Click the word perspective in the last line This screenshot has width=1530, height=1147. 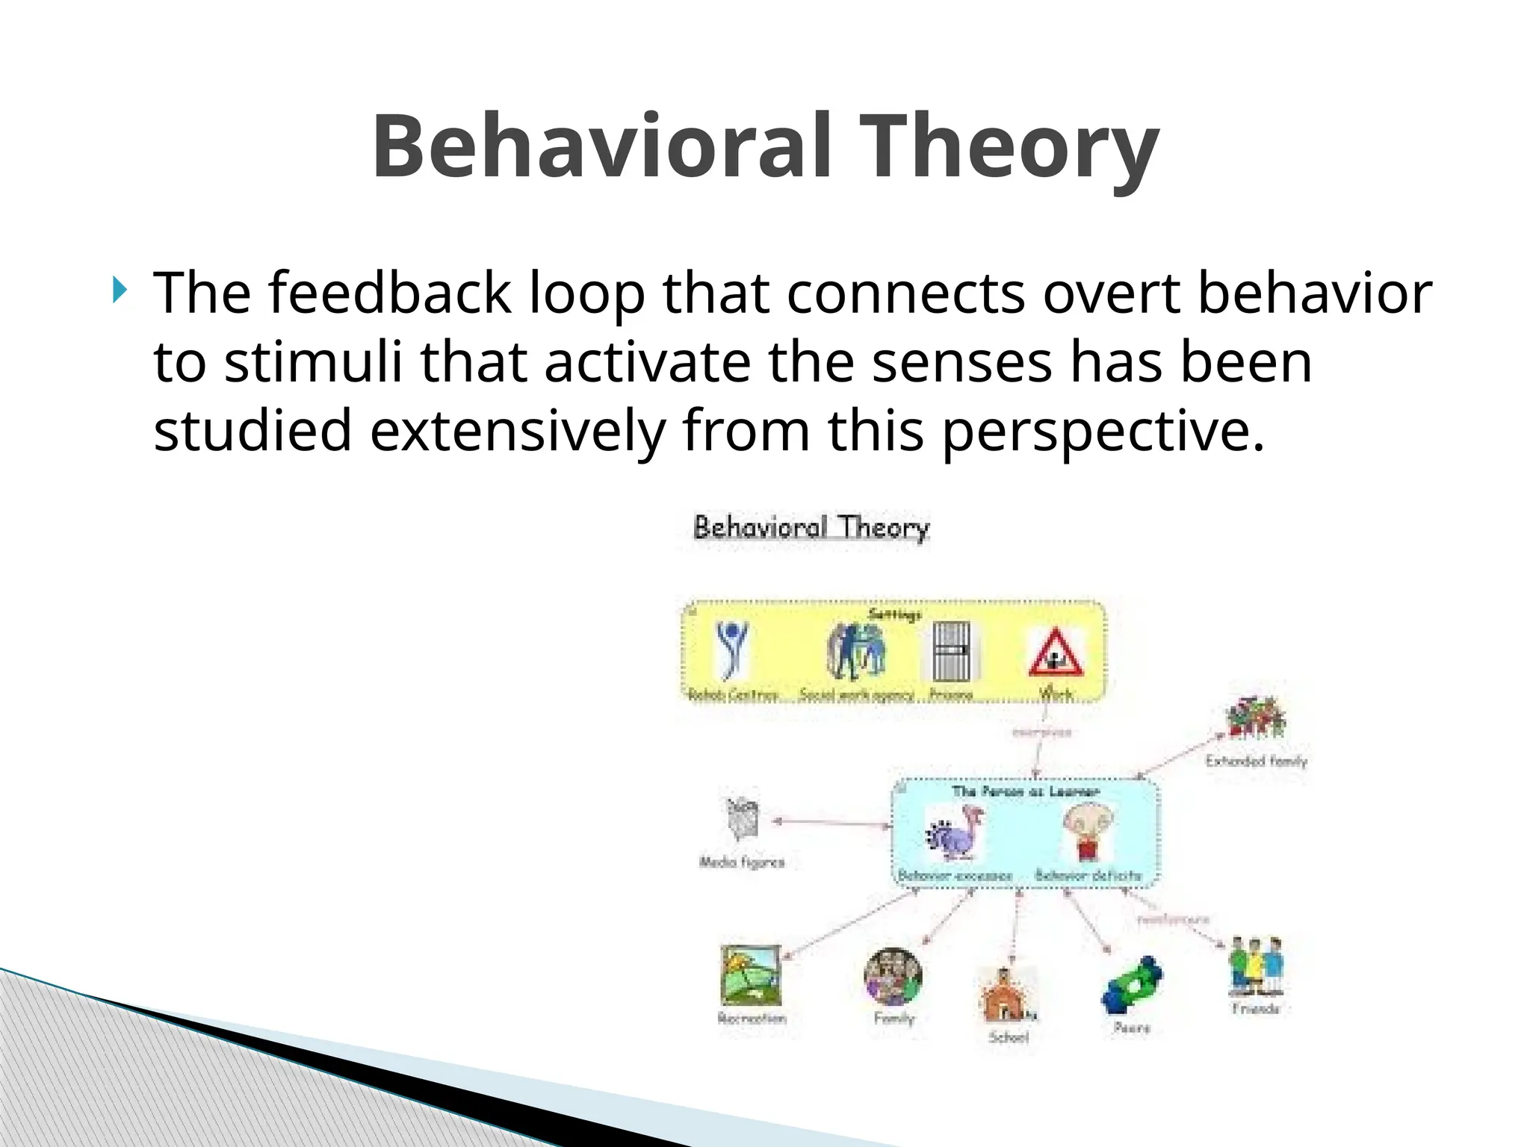click(1102, 432)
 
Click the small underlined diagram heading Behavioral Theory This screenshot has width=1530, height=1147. click(811, 528)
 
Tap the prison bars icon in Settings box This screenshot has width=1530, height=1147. click(951, 651)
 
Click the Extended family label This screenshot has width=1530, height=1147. click(1256, 761)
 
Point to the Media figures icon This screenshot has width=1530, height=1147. click(743, 819)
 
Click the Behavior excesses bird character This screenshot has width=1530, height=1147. click(956, 836)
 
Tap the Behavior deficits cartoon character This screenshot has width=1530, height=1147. click(1088, 832)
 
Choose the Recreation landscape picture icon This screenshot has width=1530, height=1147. click(751, 975)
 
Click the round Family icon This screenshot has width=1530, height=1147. click(893, 976)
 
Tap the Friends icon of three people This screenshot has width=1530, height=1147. click(1256, 966)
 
